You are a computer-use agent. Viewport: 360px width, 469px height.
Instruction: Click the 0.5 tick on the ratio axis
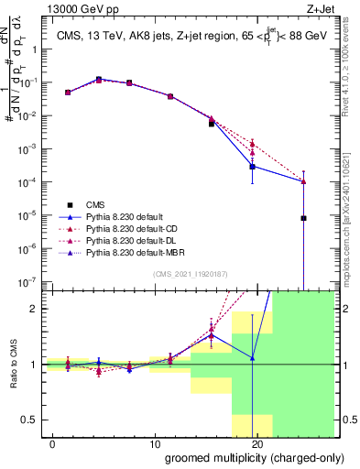pyautogui.click(x=29, y=420)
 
